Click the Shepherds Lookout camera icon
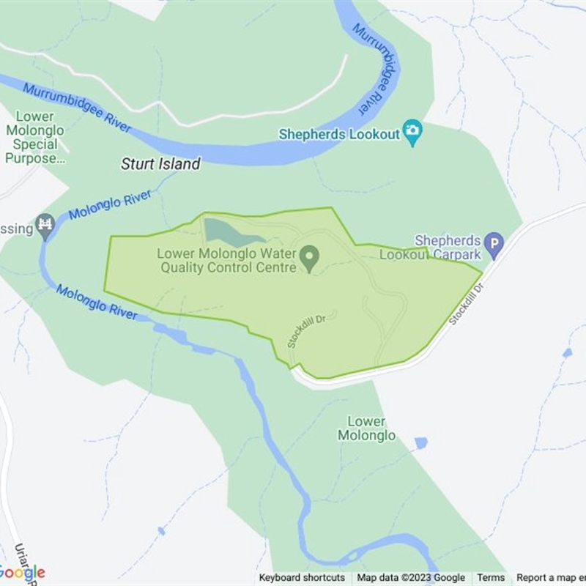pos(413,132)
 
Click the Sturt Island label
pos(160,164)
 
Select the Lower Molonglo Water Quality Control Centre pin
pos(311,257)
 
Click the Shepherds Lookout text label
pos(339,134)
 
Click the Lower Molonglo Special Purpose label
pos(34,138)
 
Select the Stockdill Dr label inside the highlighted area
pos(311,329)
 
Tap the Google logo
pos(23,572)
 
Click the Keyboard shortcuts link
pos(302,578)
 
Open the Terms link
pos(491,578)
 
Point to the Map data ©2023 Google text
pos(411,578)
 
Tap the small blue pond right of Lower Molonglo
pos(420,443)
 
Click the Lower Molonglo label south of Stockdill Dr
pos(366,429)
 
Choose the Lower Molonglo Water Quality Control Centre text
pos(227,261)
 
